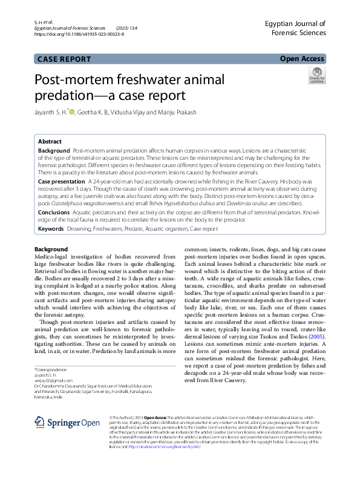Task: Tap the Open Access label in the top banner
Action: point(302,59)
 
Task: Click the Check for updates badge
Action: point(317,76)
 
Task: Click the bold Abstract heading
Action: point(50,142)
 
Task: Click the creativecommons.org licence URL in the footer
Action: point(157,446)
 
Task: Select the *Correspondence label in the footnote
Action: point(51,369)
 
